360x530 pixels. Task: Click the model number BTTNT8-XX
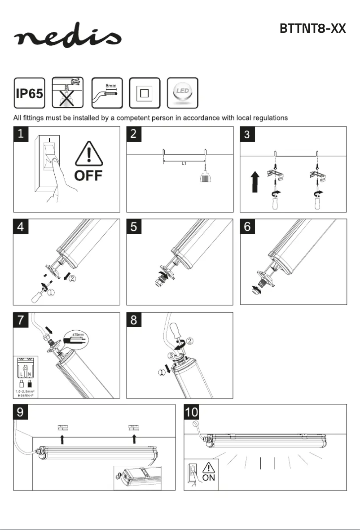pos(312,29)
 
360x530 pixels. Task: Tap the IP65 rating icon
pos(30,92)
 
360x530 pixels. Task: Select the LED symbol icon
pos(182,92)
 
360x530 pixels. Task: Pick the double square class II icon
pos(145,92)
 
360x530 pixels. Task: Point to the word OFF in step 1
pos(88,175)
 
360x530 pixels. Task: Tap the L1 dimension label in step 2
pos(184,164)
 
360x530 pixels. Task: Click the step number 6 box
pos(248,227)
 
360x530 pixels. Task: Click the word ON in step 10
pos(209,478)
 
